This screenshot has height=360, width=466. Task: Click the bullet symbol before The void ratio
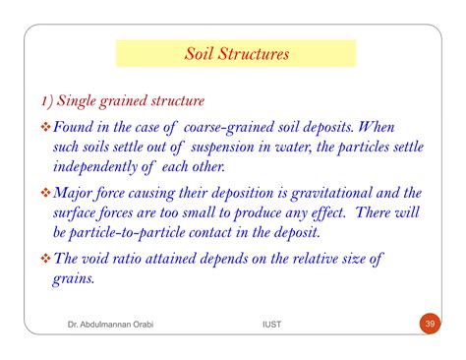coord(45,260)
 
